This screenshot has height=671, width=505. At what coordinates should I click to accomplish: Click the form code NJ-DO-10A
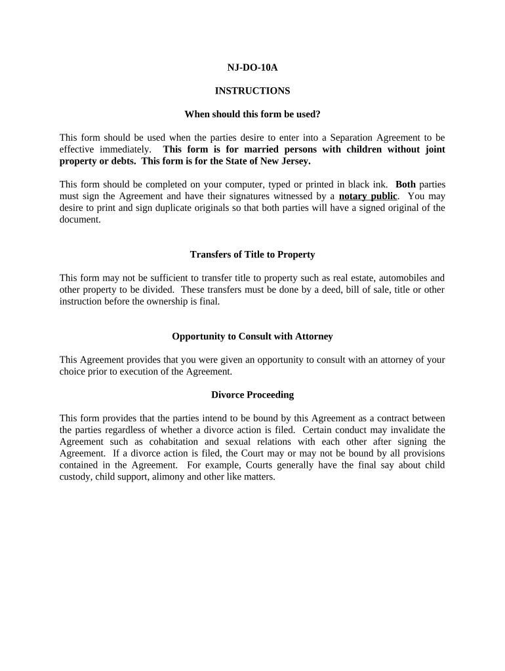coord(252,67)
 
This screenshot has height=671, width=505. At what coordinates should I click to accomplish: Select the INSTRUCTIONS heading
coord(252,90)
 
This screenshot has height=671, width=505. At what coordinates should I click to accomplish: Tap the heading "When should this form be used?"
coord(252,114)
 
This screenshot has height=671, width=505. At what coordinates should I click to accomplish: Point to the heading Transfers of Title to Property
coord(252,254)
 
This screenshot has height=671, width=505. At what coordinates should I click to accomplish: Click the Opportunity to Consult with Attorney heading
coord(252,336)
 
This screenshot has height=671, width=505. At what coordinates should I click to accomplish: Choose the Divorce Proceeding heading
coord(252,394)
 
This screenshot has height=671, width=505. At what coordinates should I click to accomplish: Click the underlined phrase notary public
coord(368,196)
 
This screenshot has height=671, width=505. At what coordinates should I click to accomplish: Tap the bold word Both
coord(405,184)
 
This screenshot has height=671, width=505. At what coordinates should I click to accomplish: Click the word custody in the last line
coord(74,477)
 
